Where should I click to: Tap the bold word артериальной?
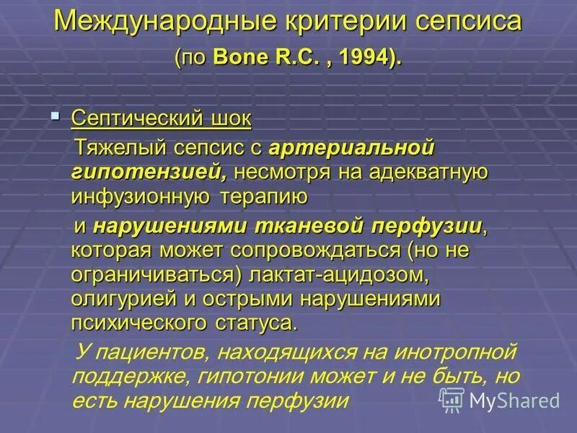click(x=351, y=149)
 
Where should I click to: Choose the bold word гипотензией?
click(x=150, y=172)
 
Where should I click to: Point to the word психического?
click(x=145, y=323)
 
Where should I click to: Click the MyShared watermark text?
click(x=514, y=399)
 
